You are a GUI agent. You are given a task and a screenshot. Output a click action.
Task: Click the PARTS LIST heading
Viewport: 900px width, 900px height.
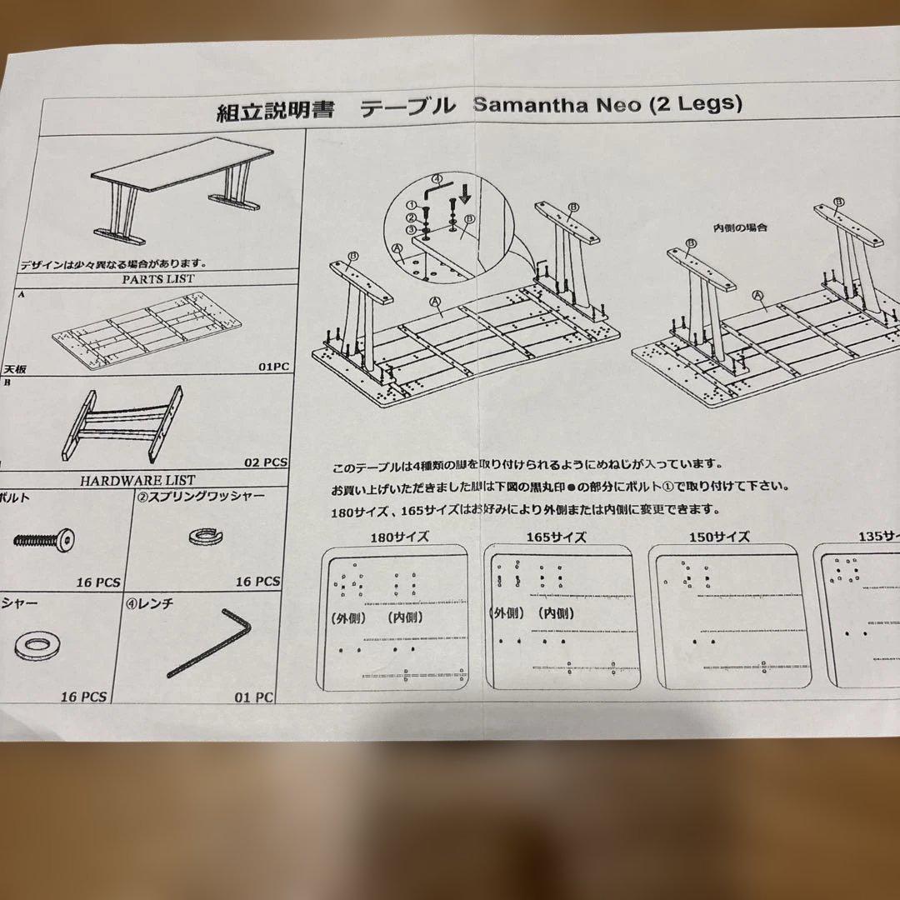(157, 278)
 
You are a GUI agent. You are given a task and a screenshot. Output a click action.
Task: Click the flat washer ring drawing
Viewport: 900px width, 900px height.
(35, 644)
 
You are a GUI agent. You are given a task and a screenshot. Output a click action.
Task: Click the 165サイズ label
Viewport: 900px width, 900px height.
(557, 537)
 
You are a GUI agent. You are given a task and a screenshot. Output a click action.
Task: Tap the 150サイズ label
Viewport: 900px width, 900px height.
(719, 537)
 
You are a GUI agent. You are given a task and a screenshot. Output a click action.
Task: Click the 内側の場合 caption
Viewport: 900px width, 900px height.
(739, 227)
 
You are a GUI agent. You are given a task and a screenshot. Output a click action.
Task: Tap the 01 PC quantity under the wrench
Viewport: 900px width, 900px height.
(253, 697)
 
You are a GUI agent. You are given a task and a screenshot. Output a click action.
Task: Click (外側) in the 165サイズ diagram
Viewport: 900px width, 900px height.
(507, 613)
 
